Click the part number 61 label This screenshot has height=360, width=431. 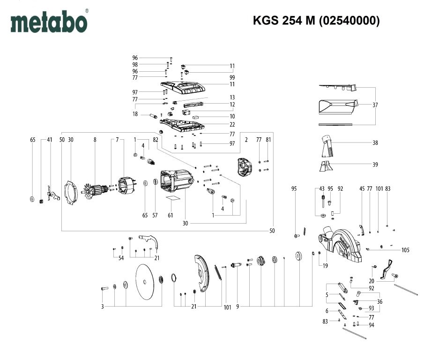tap(171, 215)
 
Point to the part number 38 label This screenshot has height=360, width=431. tap(375, 142)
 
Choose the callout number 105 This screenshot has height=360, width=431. tap(405, 250)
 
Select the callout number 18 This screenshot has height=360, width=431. tap(135, 114)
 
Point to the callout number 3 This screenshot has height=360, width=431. tap(102, 307)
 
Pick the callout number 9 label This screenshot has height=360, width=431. tap(238, 307)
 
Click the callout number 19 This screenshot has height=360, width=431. tap(325, 266)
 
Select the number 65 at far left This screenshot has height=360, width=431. tap(32, 140)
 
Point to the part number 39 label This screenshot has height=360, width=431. tap(375, 165)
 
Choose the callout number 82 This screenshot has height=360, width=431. tap(155, 140)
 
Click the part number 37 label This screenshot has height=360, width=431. tap(375, 105)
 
